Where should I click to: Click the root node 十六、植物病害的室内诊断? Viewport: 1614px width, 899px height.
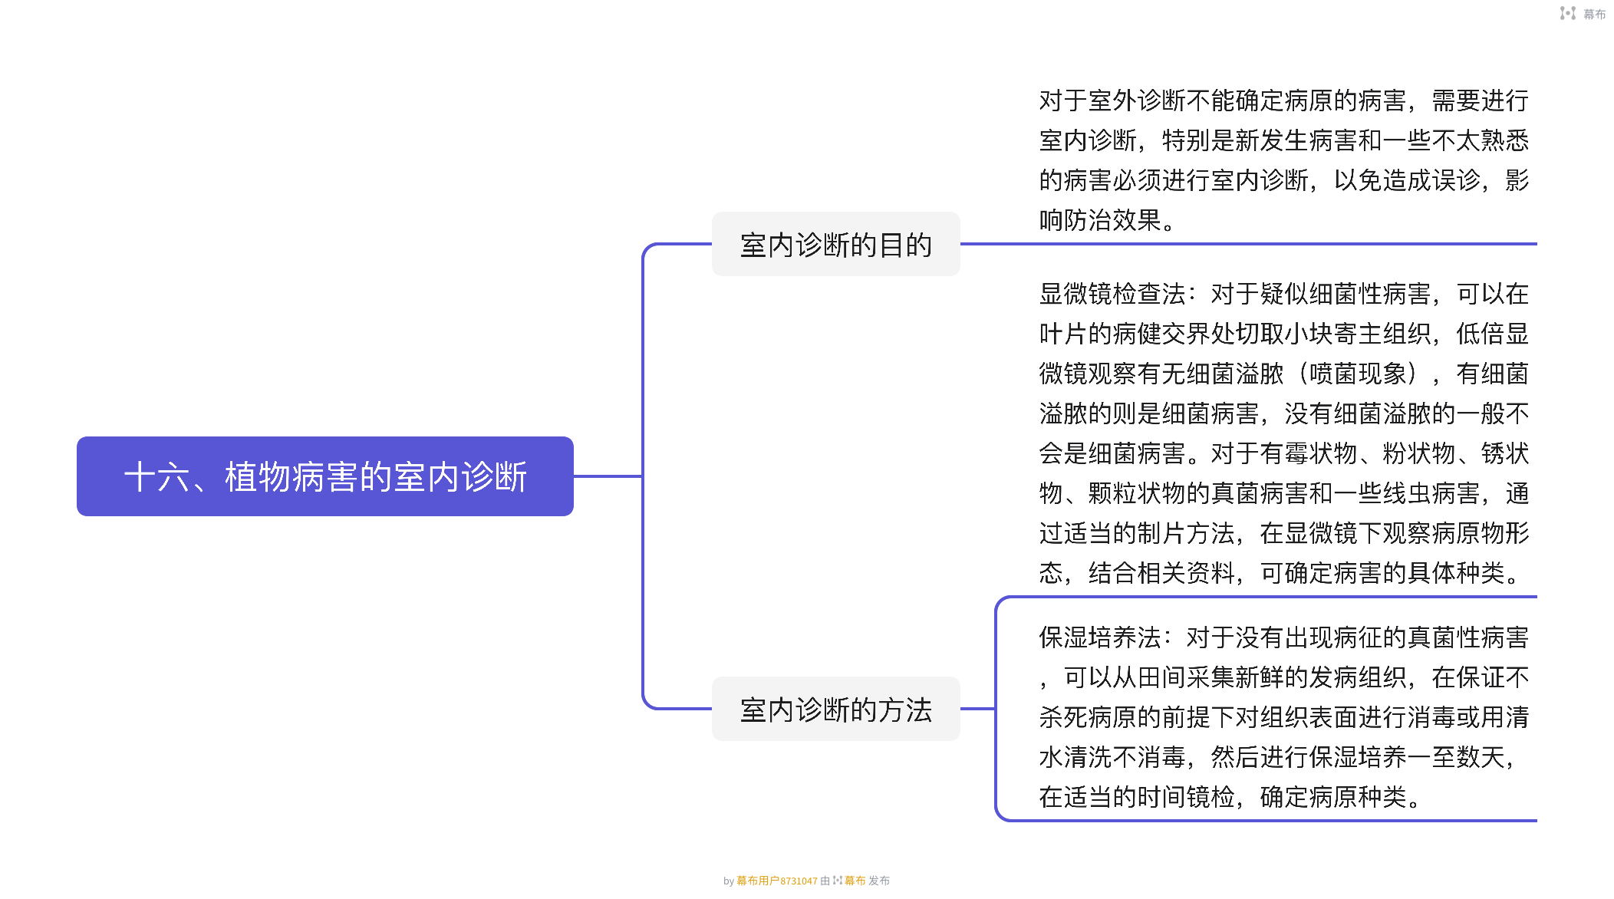(325, 476)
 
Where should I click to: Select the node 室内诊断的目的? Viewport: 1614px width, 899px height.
(835, 245)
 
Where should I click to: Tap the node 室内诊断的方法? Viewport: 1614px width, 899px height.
(835, 710)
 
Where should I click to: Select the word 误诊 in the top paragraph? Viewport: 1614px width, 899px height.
(1455, 180)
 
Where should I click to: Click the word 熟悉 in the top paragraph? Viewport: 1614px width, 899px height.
(1504, 140)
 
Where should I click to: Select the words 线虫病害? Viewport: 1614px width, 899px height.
(1431, 493)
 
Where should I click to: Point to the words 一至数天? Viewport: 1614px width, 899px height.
(1455, 757)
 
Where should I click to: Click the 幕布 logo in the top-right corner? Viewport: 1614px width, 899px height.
(1583, 14)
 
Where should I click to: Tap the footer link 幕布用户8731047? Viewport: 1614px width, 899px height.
(776, 881)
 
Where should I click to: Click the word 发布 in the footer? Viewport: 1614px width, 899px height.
(879, 881)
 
